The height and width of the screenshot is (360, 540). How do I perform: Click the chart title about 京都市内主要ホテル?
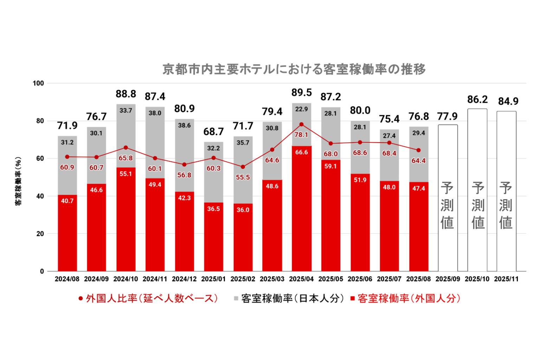294,69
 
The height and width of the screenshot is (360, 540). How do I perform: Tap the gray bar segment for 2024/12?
184,148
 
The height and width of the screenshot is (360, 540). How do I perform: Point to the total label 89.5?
301,92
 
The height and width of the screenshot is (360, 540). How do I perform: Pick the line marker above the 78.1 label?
301,124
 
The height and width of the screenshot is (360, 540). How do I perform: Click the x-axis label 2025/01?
213,279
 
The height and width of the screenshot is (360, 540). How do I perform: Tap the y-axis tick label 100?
38,83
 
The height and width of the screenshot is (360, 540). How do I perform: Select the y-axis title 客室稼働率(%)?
18,181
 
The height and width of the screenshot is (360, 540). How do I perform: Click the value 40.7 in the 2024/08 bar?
67,201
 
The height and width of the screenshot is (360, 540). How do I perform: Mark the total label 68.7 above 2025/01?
213,132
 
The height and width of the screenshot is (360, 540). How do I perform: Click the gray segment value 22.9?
301,109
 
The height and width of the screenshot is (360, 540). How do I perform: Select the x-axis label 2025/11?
506,279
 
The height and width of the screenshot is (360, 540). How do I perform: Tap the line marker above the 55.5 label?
243,167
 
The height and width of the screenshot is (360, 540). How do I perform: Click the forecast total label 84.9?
508,101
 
